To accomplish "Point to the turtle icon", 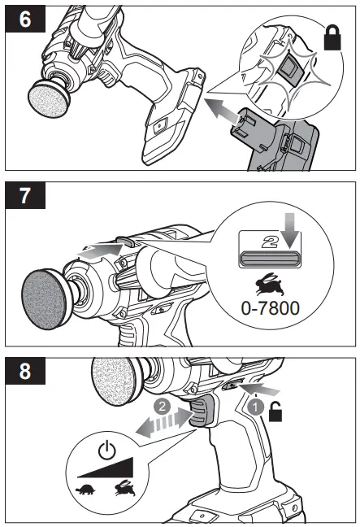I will (x=85, y=490).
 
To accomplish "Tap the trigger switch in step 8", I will (x=201, y=414).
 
